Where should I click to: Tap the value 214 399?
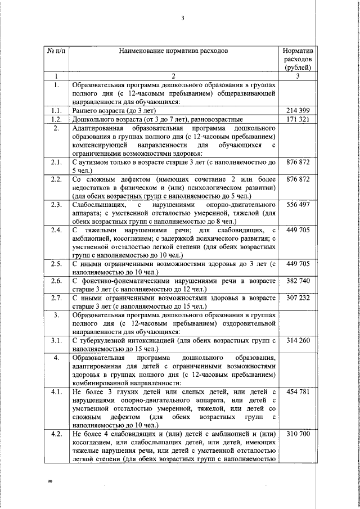point(298,111)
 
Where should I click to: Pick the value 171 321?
point(298,120)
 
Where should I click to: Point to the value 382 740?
point(298,280)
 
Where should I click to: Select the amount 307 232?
point(298,298)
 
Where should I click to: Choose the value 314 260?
point(298,341)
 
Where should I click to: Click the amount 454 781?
point(298,391)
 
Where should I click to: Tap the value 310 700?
point(298,435)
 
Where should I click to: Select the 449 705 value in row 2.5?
point(298,263)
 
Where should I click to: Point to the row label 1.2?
point(56,120)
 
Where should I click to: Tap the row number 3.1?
point(56,341)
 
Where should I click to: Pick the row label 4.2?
point(56,435)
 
